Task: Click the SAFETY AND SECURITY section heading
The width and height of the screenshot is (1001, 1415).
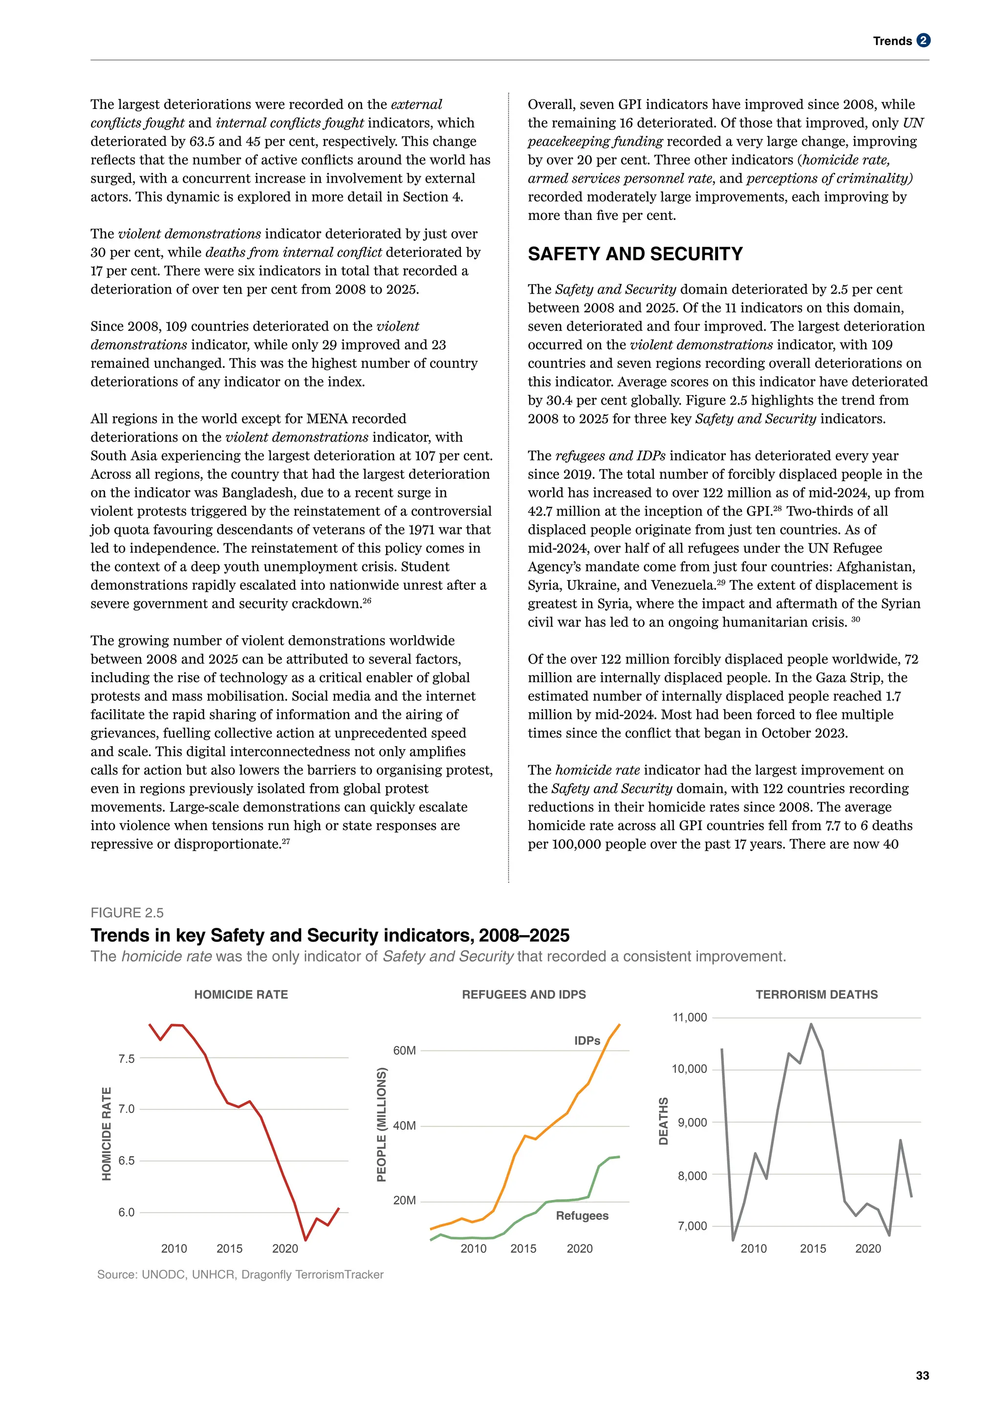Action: [x=635, y=254]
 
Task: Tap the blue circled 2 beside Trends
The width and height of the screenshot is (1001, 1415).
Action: [x=923, y=41]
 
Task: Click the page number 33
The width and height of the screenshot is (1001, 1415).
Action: [x=922, y=1375]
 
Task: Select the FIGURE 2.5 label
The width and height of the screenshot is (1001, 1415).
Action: [x=127, y=913]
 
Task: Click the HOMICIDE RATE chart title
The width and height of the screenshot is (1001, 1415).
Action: [x=241, y=995]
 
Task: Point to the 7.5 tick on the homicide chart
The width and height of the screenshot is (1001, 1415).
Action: [x=127, y=1059]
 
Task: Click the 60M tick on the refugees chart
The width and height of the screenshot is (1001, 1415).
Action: [x=404, y=1051]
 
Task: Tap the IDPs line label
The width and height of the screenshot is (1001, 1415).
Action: [x=587, y=1041]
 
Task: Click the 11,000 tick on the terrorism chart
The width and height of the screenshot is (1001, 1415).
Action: [x=690, y=1017]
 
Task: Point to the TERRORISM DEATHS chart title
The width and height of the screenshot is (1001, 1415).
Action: [x=816, y=995]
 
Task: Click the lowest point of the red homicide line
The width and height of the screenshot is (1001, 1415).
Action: [x=305, y=1240]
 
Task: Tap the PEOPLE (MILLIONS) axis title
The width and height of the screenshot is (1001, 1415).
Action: [x=382, y=1125]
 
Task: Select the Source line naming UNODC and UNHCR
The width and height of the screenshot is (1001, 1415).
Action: [x=240, y=1274]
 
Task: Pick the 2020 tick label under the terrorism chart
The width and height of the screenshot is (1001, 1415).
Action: [x=868, y=1248]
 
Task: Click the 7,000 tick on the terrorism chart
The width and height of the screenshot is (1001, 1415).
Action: [x=692, y=1226]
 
